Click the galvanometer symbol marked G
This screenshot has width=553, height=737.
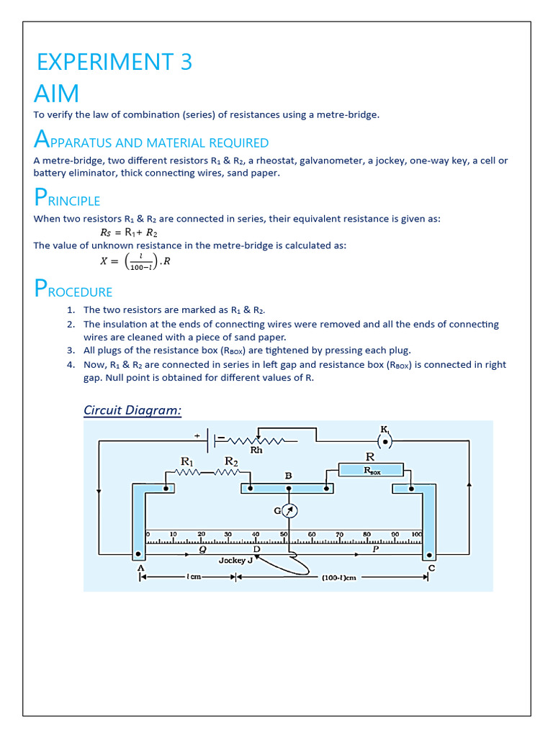(289, 510)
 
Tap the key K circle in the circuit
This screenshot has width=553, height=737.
(385, 440)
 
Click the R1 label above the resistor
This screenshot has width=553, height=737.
(187, 461)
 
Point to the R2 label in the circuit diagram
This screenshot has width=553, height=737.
(231, 461)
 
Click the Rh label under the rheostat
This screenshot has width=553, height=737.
(256, 451)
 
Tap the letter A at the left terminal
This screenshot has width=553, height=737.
(140, 568)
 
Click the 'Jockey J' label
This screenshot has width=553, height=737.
(235, 560)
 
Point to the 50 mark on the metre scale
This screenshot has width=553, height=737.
(284, 535)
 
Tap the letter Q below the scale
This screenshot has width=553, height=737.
(203, 548)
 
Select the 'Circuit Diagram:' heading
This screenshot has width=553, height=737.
(132, 410)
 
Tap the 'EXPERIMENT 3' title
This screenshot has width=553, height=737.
(114, 63)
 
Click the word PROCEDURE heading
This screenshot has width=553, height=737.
(73, 291)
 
